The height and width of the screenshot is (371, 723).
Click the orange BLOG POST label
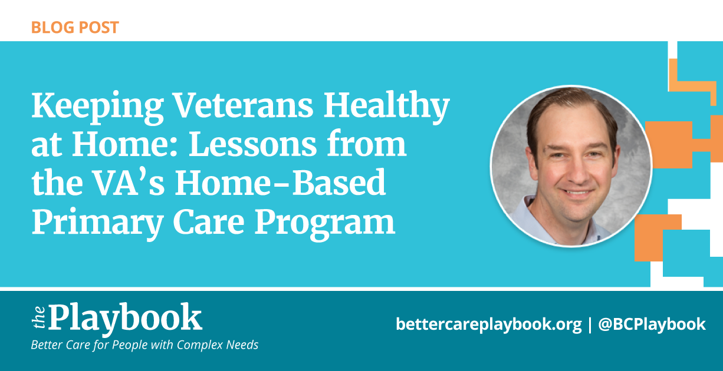[75, 28]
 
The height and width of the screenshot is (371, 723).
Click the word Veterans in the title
[243, 105]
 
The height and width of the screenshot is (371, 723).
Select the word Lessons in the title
[253, 144]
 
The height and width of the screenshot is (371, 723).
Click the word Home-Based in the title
[280, 183]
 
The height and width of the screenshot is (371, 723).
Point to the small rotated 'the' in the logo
[39, 317]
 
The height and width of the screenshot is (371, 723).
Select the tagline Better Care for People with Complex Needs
[144, 345]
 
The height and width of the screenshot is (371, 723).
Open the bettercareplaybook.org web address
[489, 324]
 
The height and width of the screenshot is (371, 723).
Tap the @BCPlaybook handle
[652, 324]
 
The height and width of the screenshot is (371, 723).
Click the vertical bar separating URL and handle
[590, 325]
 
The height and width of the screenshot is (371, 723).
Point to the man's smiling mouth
[577, 193]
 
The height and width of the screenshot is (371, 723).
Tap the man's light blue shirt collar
[530, 213]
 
